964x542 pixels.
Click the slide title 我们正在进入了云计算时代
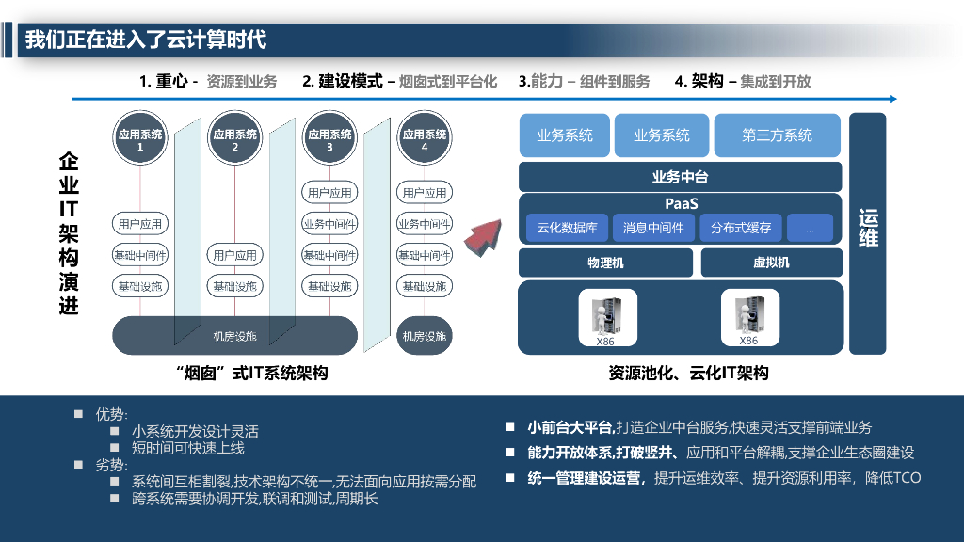tap(146, 40)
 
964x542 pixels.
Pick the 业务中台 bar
tap(680, 177)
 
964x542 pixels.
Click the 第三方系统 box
tap(777, 135)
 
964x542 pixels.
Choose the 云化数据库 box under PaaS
tap(568, 228)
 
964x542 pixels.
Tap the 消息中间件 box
tap(653, 228)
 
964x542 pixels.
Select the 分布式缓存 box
tap(741, 228)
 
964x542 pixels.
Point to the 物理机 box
tap(605, 263)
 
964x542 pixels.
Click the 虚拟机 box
tap(771, 263)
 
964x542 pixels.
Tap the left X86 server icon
tap(606, 315)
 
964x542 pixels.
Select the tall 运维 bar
tap(868, 233)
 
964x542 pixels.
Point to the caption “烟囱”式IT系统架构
tap(251, 374)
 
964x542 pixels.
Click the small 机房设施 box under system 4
tap(425, 336)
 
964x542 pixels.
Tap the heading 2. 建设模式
tap(343, 82)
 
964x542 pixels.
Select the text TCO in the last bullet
tap(906, 478)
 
